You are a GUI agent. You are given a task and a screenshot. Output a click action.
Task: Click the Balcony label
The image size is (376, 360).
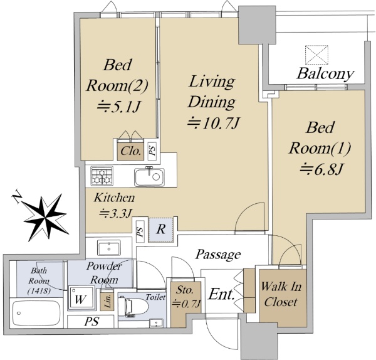325,73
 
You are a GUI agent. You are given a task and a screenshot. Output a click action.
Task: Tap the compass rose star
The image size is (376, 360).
46,218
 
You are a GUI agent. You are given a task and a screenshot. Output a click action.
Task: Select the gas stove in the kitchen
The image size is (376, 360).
102,176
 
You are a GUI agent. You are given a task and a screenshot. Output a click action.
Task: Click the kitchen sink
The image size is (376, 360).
149,177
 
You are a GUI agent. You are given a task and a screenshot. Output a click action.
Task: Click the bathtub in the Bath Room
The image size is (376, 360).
36,313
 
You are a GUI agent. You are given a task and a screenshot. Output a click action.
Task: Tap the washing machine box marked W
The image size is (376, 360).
81,298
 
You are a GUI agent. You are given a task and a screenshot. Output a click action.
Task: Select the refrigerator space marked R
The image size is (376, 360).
161,230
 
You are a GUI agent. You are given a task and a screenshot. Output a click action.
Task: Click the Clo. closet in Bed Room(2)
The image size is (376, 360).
130,151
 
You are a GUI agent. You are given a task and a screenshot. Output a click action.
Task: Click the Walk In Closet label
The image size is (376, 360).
281,294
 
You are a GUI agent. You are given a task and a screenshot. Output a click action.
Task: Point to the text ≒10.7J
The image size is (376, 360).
214,123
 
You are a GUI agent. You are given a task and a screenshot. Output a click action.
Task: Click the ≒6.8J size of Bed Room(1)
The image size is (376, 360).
321,169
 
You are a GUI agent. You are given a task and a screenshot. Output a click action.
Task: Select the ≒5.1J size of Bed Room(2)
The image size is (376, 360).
118,107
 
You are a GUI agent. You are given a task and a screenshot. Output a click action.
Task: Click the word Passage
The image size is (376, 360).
217,255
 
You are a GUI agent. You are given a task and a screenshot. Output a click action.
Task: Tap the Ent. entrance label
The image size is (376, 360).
221,294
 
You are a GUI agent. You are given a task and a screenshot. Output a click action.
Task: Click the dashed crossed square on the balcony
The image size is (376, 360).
316,55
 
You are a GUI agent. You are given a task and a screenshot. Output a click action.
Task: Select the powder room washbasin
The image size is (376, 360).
108,248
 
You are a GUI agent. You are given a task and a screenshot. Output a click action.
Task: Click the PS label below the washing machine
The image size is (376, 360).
92,322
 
